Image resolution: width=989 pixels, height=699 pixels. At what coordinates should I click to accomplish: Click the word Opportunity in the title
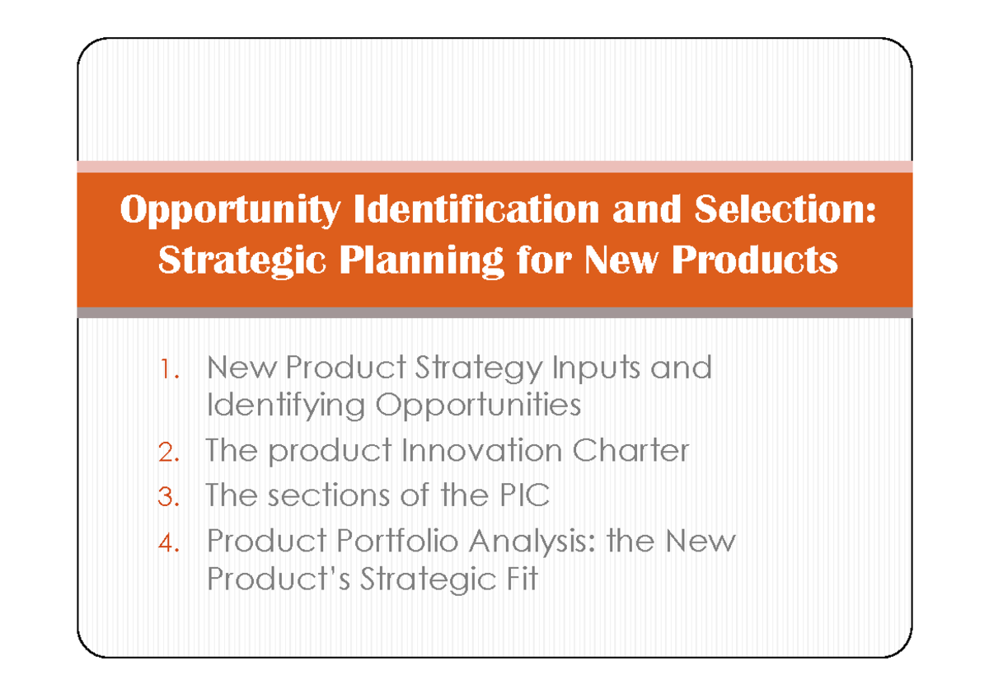click(230, 211)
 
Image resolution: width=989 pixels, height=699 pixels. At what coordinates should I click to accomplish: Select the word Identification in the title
click(476, 209)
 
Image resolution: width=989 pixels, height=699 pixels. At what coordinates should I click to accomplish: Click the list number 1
click(170, 368)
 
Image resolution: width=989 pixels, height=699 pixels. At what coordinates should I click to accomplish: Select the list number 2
click(168, 452)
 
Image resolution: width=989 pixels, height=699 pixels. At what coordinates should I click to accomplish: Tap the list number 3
click(168, 496)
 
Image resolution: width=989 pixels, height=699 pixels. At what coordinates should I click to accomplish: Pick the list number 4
click(168, 542)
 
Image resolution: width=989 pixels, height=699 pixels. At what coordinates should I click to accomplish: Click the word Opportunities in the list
click(479, 406)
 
